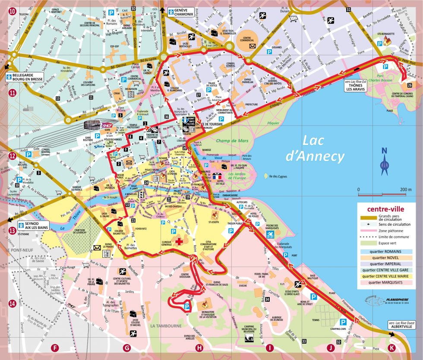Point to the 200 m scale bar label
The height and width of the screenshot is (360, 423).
(x=405, y=189)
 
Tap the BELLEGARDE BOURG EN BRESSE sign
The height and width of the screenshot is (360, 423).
(x=26, y=77)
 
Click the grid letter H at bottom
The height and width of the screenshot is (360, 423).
(x=199, y=348)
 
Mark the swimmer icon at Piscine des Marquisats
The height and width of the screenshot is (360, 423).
(x=270, y=234)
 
